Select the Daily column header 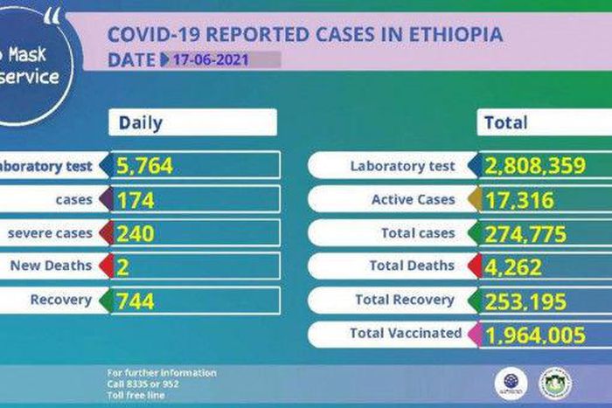(141, 122)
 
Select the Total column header (505, 122)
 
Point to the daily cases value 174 (135, 200)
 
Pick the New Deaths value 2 (122, 266)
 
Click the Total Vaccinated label (405, 333)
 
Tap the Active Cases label (414, 200)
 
